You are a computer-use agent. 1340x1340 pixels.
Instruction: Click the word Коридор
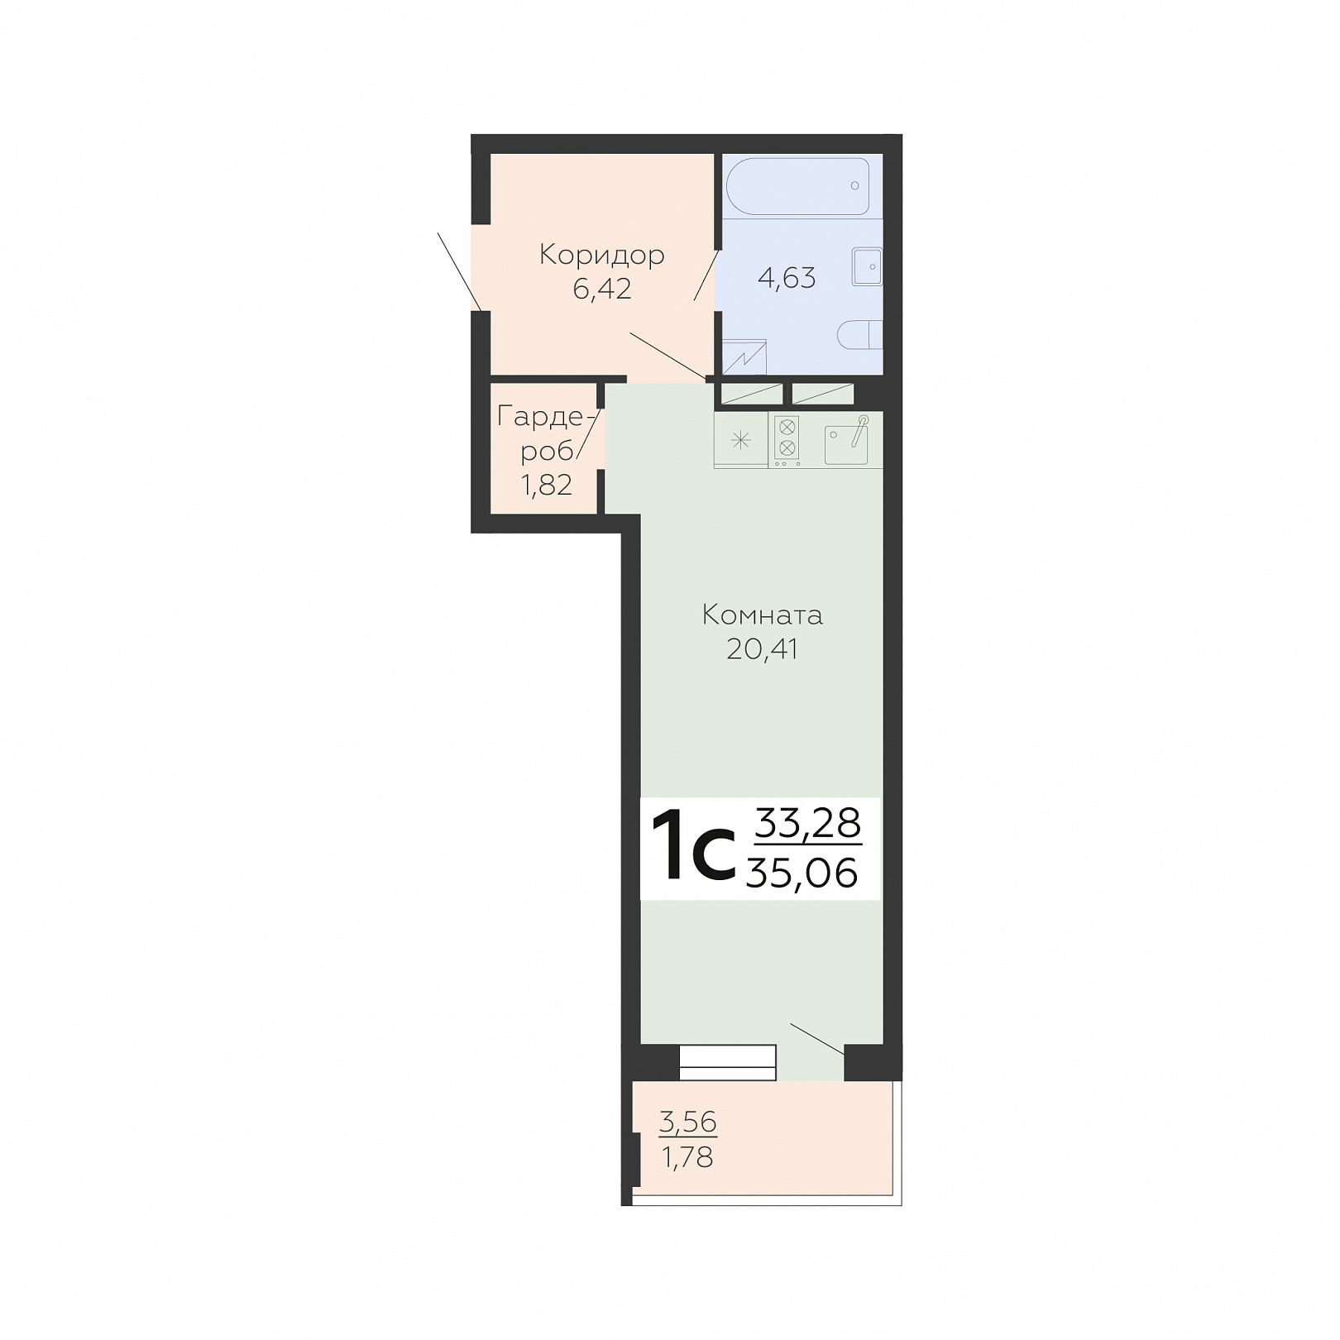click(x=601, y=256)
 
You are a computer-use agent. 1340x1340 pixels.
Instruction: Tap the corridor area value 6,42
click(x=601, y=289)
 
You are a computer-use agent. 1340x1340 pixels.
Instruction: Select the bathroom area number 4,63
click(x=787, y=278)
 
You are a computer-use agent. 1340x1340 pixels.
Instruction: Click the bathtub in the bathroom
click(x=797, y=187)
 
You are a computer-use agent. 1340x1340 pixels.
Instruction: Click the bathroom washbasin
click(x=867, y=267)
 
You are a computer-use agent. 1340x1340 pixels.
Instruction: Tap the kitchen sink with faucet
click(x=847, y=441)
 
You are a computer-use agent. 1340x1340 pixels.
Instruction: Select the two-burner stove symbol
click(x=787, y=438)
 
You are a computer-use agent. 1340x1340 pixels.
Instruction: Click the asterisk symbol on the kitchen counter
click(x=740, y=440)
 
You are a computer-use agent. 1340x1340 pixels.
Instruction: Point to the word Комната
click(x=762, y=615)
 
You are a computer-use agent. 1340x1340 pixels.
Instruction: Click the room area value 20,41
click(x=762, y=649)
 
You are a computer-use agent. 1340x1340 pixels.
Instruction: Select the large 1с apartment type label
click(x=693, y=848)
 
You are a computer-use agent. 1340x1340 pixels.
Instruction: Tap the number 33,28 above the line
click(x=809, y=824)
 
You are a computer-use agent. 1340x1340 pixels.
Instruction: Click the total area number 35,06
click(x=802, y=873)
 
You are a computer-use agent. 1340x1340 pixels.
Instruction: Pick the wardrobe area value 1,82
click(x=546, y=485)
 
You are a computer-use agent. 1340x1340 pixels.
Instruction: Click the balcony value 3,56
click(x=688, y=1122)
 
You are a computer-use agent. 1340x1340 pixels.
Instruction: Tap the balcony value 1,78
click(x=687, y=1156)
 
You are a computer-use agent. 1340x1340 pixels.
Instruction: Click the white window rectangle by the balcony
click(x=728, y=1063)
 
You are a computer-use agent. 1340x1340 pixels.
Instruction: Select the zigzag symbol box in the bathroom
click(x=745, y=357)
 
